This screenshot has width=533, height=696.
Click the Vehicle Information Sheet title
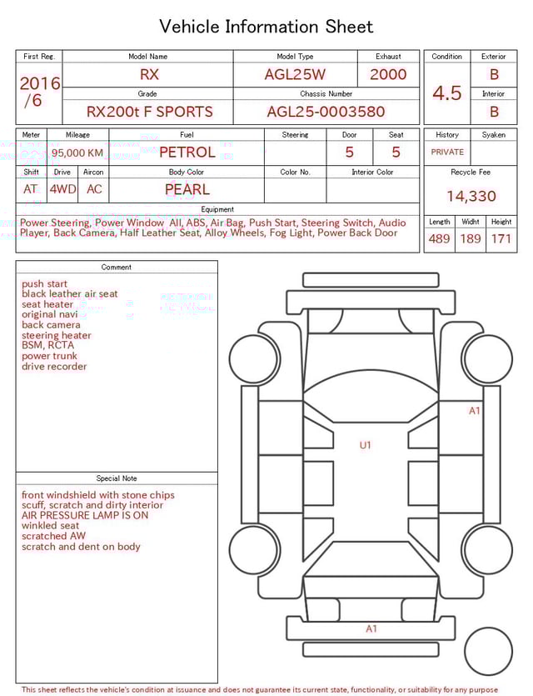266,27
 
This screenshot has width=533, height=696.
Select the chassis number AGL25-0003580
326,112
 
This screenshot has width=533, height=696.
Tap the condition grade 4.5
447,93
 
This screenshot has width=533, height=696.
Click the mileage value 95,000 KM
77,153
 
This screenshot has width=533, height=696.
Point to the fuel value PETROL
187,152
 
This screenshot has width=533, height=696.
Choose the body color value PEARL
187,189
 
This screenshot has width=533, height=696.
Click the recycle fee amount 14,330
471,197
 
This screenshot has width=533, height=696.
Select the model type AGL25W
295,74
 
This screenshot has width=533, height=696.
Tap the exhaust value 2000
388,74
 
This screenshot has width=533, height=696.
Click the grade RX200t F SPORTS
150,112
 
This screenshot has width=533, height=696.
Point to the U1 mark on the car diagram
365,445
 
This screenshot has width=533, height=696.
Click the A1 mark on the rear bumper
371,629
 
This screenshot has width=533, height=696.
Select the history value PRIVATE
447,153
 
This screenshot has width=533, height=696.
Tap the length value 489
439,239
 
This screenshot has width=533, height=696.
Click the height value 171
501,239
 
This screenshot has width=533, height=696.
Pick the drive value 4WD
62,189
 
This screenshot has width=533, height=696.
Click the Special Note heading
117,478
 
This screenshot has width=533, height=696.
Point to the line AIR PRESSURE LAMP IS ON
85,516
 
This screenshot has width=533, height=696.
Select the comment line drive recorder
54,367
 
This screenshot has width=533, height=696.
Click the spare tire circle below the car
489,651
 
